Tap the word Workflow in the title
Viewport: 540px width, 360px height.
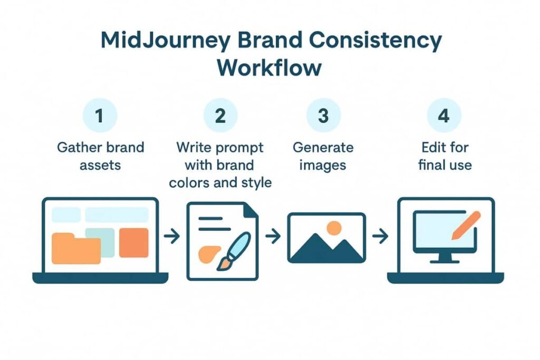[x=269, y=67]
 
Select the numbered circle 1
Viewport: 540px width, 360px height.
[x=100, y=115]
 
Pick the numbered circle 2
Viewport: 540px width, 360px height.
[x=220, y=115]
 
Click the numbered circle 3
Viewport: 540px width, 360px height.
[x=323, y=115]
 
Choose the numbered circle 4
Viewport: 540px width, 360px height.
[x=444, y=115]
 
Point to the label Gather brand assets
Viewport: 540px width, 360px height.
[x=101, y=156]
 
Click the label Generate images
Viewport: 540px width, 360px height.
[x=323, y=157]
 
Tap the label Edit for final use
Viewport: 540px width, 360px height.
[x=445, y=156]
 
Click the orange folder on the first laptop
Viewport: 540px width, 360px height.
[x=76, y=248]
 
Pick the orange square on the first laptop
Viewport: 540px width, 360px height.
[x=134, y=242]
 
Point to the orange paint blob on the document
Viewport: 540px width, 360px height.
[x=209, y=255]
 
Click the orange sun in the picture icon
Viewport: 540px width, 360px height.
[x=334, y=228]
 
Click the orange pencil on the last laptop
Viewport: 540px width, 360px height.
[x=466, y=226]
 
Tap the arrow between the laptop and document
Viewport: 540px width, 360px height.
[x=172, y=236]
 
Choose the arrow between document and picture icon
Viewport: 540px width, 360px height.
[x=273, y=236]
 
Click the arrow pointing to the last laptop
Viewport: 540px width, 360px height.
[x=381, y=236]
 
